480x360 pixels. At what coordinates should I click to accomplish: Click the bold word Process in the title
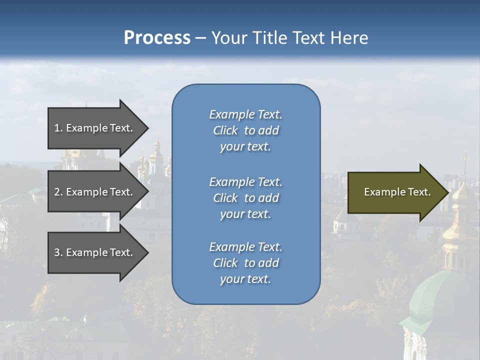click(x=157, y=38)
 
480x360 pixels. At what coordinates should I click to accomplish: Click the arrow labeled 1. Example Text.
click(x=95, y=128)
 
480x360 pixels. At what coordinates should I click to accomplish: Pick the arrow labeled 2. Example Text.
click(x=95, y=192)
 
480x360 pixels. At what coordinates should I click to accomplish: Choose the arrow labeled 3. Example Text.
click(x=95, y=252)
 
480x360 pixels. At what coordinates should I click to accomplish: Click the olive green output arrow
click(x=395, y=192)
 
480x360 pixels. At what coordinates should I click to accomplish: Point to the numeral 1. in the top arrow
click(x=58, y=128)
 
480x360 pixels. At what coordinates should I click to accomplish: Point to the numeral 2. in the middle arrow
click(x=58, y=192)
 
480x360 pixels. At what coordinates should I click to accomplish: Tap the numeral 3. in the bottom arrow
click(x=58, y=252)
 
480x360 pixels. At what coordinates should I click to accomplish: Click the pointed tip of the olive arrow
click(x=446, y=192)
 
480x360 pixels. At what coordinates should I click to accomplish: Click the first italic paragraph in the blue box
click(x=245, y=130)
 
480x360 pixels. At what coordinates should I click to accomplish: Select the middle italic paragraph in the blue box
click(x=245, y=198)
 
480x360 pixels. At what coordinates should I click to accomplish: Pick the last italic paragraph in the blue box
click(x=245, y=263)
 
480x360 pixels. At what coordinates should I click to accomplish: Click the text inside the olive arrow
click(x=397, y=192)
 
